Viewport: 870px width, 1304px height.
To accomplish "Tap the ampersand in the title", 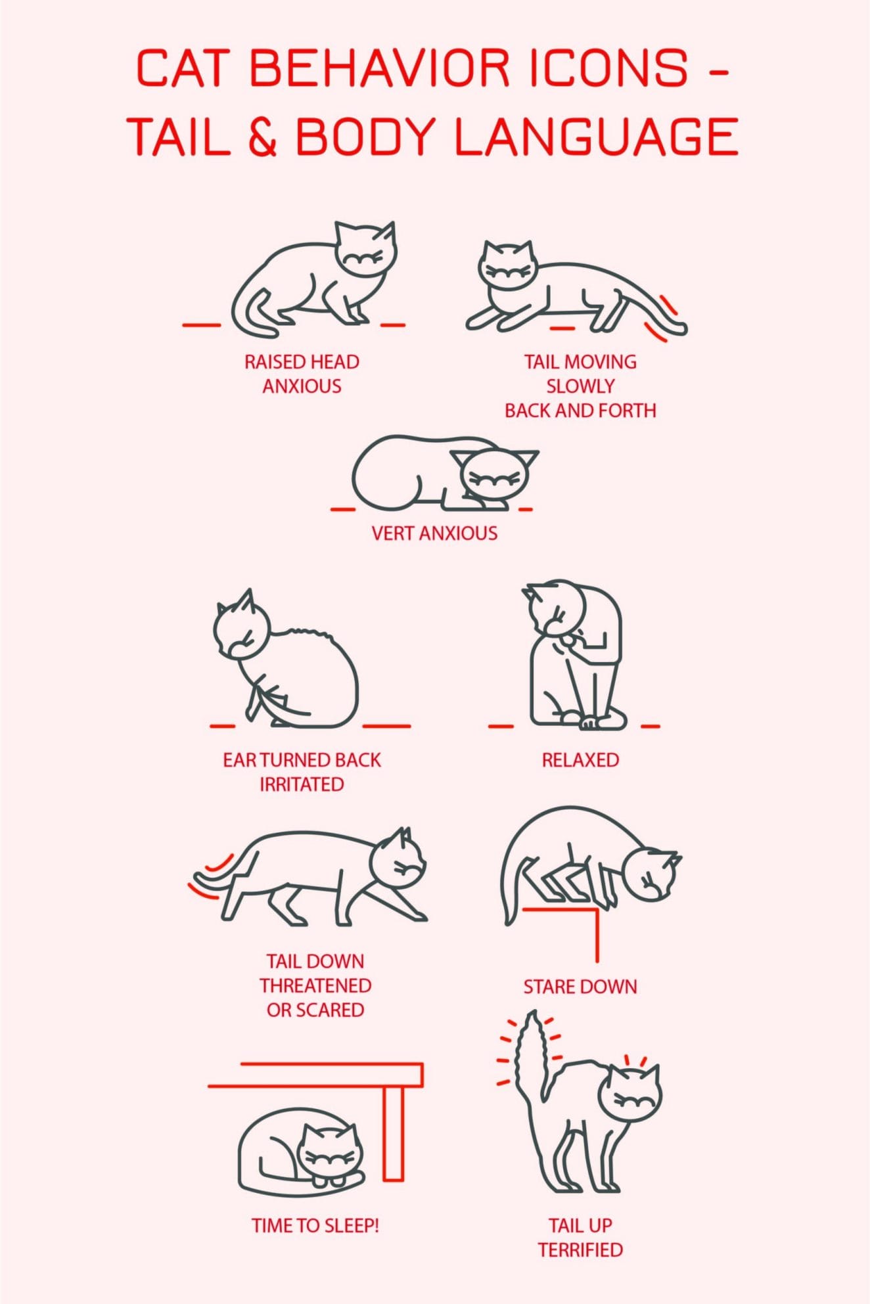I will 263,136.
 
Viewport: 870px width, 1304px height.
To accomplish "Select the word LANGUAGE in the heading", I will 596,136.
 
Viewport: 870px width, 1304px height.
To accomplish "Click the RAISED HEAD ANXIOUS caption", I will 302,374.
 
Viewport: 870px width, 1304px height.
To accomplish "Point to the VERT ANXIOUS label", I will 434,533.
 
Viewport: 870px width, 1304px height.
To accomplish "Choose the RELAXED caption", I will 580,760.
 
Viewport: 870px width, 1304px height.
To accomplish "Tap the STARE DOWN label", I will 580,987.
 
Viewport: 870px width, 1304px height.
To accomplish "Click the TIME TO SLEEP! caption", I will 315,1225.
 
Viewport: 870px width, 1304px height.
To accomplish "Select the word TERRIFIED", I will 580,1249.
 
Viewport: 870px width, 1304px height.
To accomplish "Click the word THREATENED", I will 315,985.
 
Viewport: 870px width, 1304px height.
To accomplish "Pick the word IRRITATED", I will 302,784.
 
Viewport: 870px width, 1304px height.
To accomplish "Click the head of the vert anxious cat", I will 494,476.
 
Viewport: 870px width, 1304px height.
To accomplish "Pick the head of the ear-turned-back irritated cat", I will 241,629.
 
